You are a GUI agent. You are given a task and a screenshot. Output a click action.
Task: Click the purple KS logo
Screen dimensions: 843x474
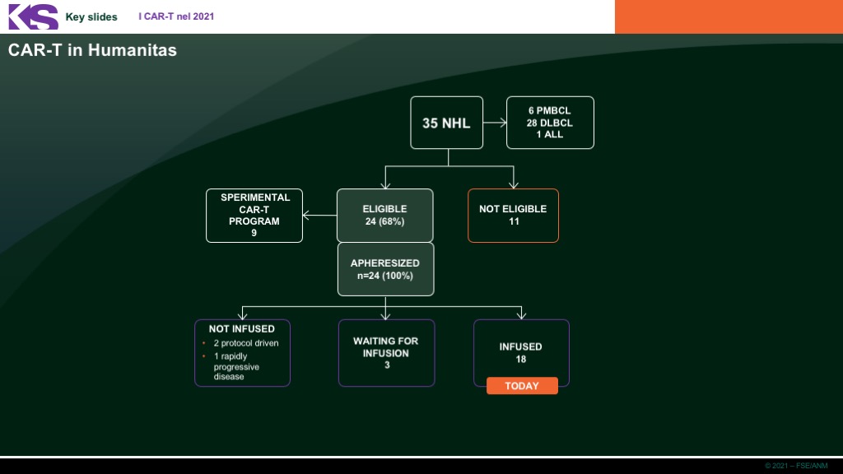pyautogui.click(x=33, y=16)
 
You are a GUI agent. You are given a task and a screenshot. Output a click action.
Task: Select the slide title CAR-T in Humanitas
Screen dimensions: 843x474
pyautogui.click(x=92, y=50)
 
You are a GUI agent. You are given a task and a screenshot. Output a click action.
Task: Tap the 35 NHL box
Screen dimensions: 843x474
pyautogui.click(x=447, y=123)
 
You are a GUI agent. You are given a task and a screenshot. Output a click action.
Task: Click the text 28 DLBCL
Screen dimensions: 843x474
pyautogui.click(x=549, y=123)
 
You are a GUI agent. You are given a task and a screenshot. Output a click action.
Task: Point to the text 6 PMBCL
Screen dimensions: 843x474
pyautogui.click(x=549, y=111)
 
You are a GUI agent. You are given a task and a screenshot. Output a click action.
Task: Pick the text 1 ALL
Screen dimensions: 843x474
pyautogui.click(x=549, y=134)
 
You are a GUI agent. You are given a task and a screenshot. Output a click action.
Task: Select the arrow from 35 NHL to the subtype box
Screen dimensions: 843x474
pyautogui.click(x=495, y=123)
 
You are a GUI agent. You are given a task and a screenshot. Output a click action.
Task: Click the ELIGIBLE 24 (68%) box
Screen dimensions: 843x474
pyautogui.click(x=385, y=215)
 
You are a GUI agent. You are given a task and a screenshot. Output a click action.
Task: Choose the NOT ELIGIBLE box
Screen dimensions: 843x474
pyautogui.click(x=513, y=215)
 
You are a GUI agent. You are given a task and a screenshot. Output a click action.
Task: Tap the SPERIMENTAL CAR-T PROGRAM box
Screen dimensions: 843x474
pyautogui.click(x=254, y=215)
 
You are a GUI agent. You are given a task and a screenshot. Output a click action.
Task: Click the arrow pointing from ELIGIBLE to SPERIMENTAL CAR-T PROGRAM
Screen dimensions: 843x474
pyautogui.click(x=320, y=215)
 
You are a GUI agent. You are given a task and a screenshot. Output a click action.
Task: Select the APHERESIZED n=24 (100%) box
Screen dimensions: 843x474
pyautogui.click(x=385, y=269)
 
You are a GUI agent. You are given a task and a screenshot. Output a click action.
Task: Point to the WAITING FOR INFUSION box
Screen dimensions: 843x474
pyautogui.click(x=387, y=353)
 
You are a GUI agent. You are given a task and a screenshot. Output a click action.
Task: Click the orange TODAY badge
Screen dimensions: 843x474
pyautogui.click(x=522, y=386)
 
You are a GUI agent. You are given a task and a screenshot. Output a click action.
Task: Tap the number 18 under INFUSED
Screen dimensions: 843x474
pyautogui.click(x=521, y=359)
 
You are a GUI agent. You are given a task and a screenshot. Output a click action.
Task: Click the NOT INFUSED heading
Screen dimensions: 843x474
pyautogui.click(x=242, y=329)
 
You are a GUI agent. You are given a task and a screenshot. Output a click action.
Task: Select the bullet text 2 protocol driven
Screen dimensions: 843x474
pyautogui.click(x=246, y=343)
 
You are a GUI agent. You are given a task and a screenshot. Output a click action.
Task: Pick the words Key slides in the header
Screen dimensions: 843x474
pyautogui.click(x=91, y=17)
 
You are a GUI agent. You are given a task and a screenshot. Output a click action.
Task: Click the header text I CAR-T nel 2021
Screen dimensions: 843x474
pyautogui.click(x=176, y=16)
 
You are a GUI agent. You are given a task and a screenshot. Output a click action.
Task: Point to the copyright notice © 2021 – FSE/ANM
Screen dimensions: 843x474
pyautogui.click(x=796, y=466)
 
